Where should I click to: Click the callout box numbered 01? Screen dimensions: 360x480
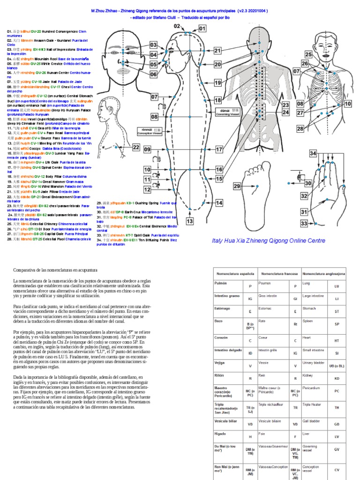tap(202, 29)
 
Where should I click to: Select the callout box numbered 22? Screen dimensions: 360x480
tap(135, 148)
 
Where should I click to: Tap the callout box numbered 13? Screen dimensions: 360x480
tap(190, 221)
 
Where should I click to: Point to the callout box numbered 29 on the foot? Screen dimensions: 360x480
tap(237, 186)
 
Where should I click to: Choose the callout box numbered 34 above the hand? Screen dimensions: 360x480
tap(313, 153)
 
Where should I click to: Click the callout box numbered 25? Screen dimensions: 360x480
tap(308, 54)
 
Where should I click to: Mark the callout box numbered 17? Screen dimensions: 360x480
tap(219, 150)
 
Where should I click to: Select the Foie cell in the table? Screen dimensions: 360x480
tap(262, 434)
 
